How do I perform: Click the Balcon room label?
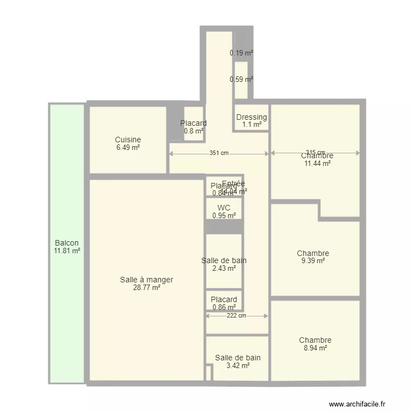(67, 243)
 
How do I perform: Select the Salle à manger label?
(147, 280)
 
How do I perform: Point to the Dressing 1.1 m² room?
(252, 120)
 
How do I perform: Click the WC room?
(224, 211)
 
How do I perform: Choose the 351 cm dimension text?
(219, 153)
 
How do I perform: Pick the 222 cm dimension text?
(236, 316)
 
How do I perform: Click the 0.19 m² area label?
(241, 53)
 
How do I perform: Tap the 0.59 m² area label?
(241, 79)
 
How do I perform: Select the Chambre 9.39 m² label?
(313, 257)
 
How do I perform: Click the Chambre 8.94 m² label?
(315, 344)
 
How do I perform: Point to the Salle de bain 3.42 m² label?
(237, 361)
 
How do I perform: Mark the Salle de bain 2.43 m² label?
(224, 264)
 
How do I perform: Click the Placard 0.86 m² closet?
(224, 303)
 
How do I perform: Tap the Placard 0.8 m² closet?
(193, 127)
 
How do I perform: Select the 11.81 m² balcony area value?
(67, 252)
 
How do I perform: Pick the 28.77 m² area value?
(147, 287)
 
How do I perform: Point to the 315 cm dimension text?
(315, 153)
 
